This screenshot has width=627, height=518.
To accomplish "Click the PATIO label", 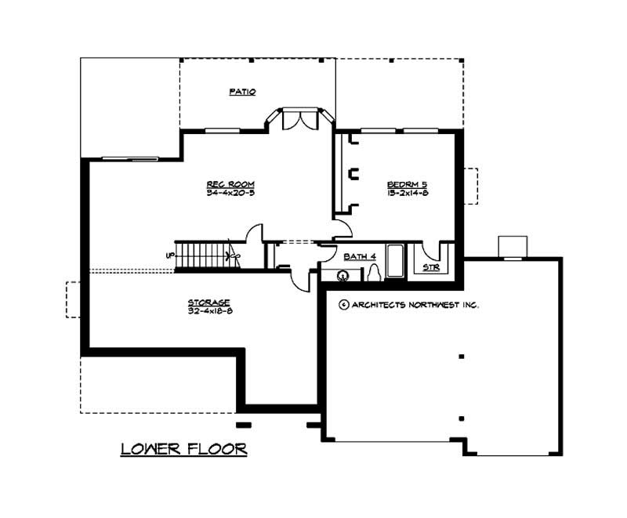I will [242, 92].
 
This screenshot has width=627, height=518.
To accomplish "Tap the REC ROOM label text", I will [230, 184].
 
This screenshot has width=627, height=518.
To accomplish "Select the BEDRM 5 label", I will [407, 185].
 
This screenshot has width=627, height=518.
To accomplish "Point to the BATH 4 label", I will [360, 256].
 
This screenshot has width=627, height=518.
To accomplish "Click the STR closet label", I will [430, 268].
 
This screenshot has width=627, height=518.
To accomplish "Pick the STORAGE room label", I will [208, 302].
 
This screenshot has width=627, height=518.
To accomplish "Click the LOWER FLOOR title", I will [184, 449].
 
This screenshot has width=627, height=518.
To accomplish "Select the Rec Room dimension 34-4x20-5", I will [230, 193].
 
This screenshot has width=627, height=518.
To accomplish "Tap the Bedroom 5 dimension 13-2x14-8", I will [407, 194].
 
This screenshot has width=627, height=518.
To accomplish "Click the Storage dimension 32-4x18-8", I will [208, 311].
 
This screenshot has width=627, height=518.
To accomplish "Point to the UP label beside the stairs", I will [169, 255].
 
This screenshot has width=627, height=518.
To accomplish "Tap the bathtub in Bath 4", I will [394, 261].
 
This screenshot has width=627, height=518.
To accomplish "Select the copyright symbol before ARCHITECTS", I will [343, 305].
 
